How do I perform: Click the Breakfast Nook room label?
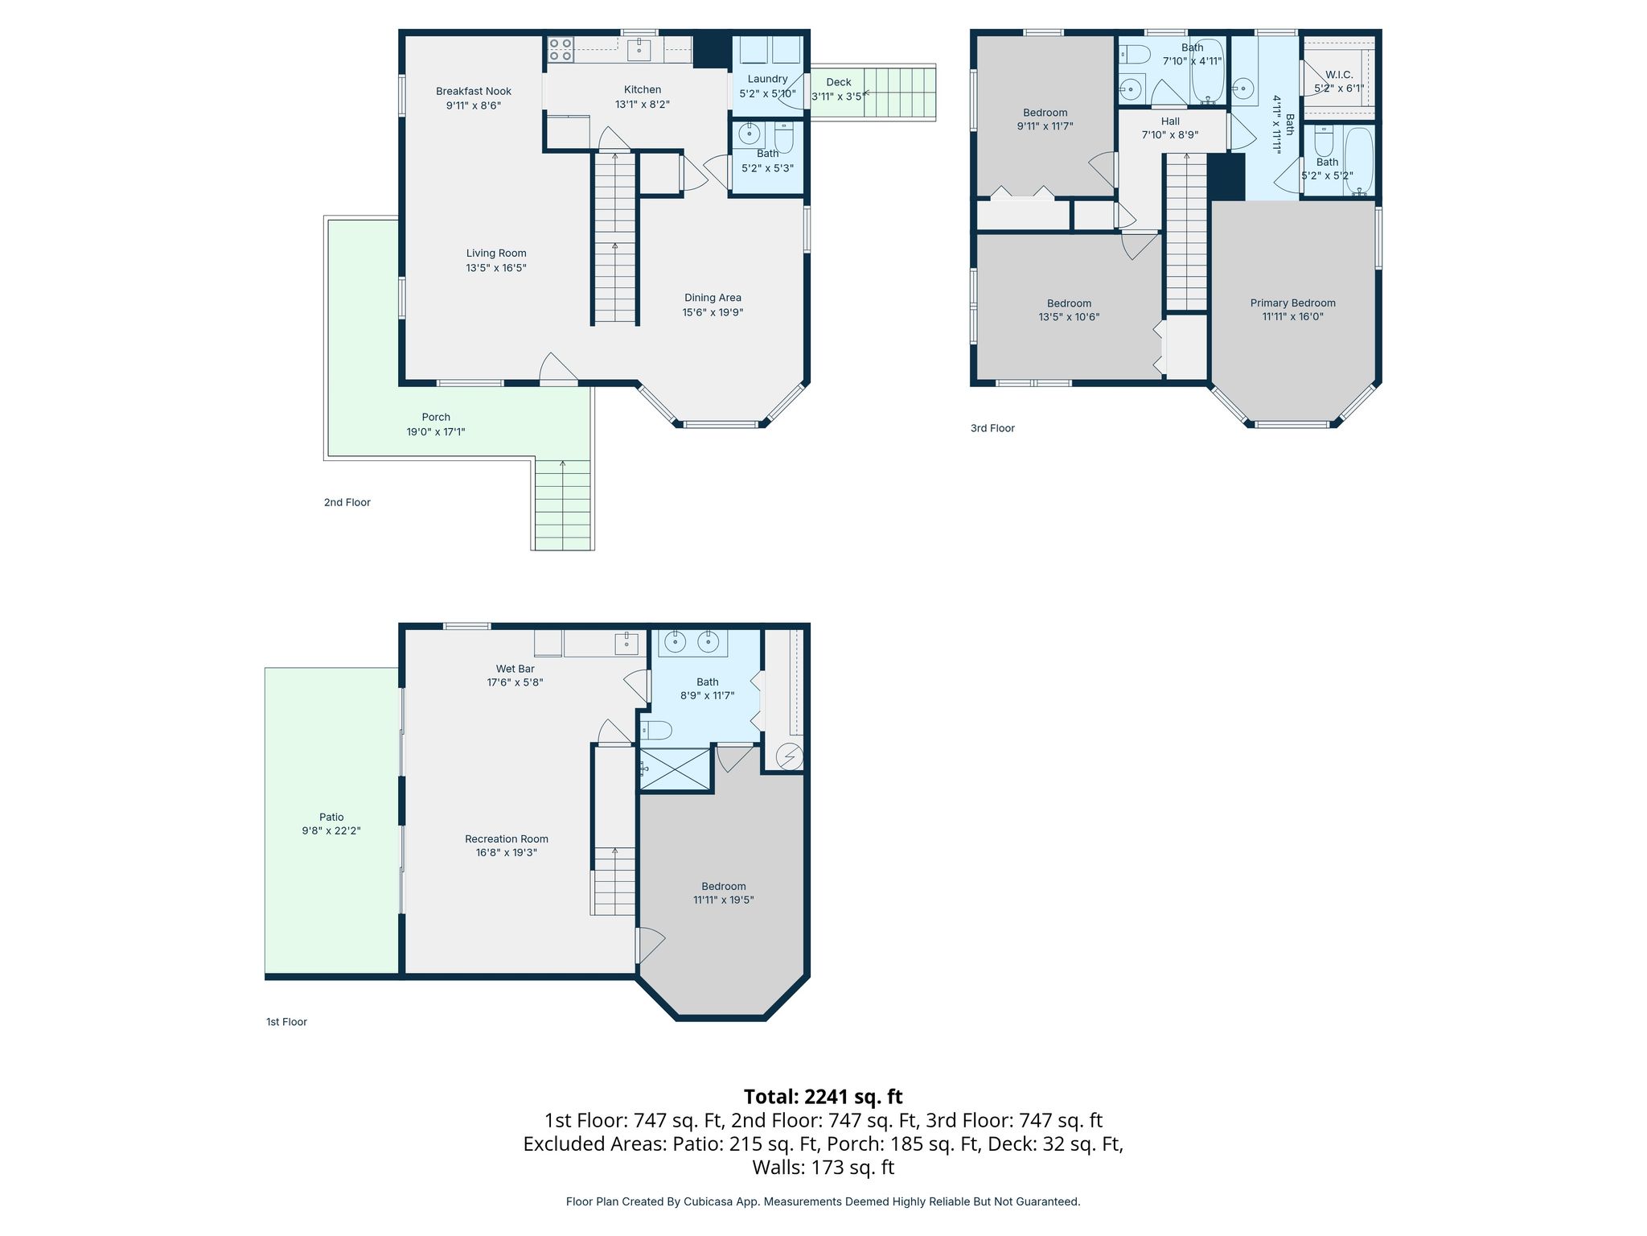tap(474, 92)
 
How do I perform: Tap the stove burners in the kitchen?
tap(561, 50)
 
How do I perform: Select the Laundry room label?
tap(767, 79)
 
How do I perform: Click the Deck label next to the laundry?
tap(839, 82)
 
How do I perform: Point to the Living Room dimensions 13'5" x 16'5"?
tap(496, 268)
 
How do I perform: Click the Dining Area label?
tap(713, 298)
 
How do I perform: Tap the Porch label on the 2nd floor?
tap(436, 418)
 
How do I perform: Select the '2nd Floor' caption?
tap(347, 503)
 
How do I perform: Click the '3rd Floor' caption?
tap(992, 429)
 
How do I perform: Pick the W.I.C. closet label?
tap(1339, 75)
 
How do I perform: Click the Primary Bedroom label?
tap(1292, 303)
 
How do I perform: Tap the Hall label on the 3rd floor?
tap(1170, 122)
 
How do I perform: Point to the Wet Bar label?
tap(515, 669)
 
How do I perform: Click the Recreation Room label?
tap(507, 839)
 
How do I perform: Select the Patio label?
tap(331, 818)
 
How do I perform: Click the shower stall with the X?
tap(676, 770)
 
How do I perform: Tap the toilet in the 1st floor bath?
tap(655, 730)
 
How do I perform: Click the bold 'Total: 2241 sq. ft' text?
tap(823, 1097)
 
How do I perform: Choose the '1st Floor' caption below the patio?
tap(286, 1023)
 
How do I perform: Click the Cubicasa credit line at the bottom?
tap(823, 1201)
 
